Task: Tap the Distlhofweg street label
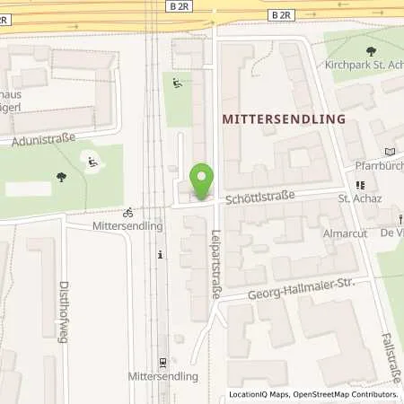tap(65, 278)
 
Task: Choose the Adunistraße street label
tap(41, 141)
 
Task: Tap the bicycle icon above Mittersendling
tap(127, 213)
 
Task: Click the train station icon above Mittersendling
tap(162, 363)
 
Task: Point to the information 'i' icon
tap(160, 255)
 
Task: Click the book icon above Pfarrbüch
tap(388, 151)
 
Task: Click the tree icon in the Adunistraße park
tap(61, 177)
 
